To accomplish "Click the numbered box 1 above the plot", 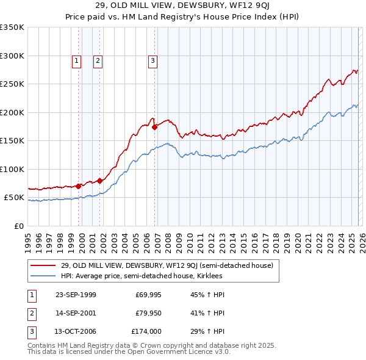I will point(76,60).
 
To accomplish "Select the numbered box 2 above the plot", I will point(98,60).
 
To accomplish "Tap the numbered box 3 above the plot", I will point(152,60).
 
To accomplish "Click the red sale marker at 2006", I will point(155,127).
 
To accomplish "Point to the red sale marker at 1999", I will point(79,186).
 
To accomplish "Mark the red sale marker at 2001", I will point(99,181).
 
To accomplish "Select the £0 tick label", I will point(18,226).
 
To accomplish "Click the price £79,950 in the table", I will point(148,313).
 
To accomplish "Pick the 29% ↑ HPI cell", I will point(207,331).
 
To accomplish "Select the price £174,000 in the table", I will point(147,331).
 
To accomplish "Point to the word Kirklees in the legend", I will point(209,276).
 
